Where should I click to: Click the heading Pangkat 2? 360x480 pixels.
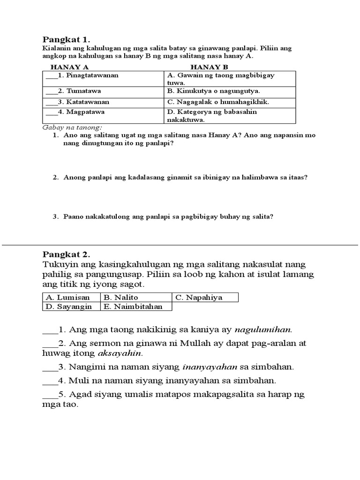coord(66,255)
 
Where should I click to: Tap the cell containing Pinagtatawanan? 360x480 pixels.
coord(103,75)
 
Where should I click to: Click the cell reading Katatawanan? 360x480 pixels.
coord(103,102)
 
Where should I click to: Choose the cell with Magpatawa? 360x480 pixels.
coord(103,112)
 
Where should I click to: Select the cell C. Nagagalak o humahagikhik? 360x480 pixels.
coord(229,102)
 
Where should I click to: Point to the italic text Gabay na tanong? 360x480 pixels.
coord(72,127)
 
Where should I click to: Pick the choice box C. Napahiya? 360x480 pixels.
coord(205,297)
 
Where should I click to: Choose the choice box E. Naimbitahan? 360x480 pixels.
coord(136,306)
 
